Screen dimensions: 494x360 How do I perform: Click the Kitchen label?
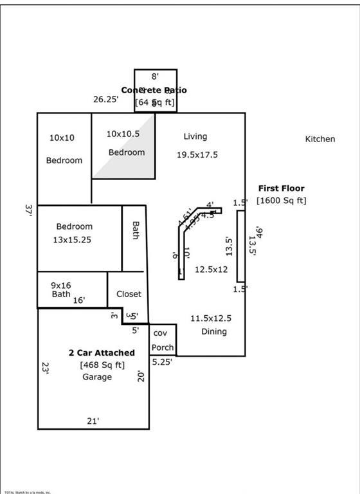319,139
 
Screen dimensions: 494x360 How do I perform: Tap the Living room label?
195,136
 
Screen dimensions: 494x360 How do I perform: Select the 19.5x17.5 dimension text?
197,154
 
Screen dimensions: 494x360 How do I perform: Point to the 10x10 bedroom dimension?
62,138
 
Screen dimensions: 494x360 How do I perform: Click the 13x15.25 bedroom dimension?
74,239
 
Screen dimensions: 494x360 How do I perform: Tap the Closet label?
129,294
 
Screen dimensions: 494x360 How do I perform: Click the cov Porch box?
163,340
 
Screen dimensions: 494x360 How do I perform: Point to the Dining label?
214,332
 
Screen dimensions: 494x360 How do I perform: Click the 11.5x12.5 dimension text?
210,318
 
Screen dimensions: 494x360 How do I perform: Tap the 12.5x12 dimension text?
212,270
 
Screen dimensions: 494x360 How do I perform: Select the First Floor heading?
281,188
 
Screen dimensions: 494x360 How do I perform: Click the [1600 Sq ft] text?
281,201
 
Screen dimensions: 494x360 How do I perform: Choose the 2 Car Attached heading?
102,352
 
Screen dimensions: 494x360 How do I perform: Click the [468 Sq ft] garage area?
102,365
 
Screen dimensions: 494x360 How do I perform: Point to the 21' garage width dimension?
93,421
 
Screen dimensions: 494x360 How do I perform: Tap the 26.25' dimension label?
106,100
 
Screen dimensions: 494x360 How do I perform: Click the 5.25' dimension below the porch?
161,361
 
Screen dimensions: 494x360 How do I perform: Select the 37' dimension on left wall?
28,210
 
